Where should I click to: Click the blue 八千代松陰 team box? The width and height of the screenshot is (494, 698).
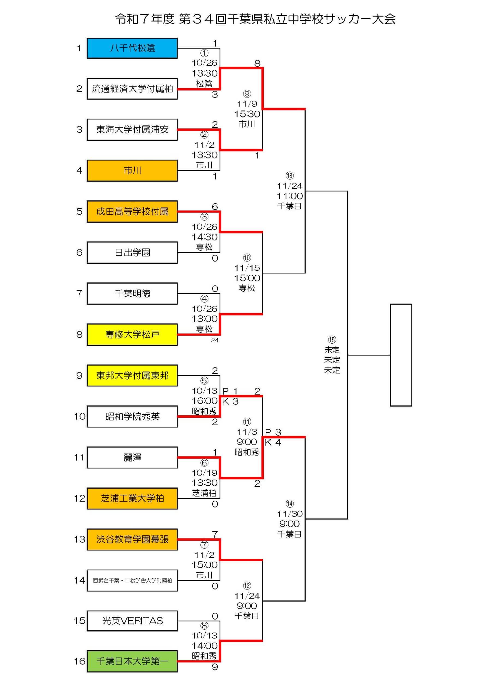pos(132,48)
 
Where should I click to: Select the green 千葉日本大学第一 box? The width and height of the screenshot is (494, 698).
pos(132,661)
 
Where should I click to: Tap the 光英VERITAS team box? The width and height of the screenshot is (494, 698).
pos(132,621)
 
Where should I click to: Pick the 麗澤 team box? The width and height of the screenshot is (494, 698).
pos(132,457)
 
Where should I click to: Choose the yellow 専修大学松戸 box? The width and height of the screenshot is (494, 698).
pos(132,334)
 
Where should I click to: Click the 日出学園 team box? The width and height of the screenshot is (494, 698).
pos(132,252)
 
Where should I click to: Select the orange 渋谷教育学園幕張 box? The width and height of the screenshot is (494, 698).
pos(132,539)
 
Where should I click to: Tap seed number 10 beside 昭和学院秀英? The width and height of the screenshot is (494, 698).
pos(79,416)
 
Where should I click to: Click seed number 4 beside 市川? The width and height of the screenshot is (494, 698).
pos(79,170)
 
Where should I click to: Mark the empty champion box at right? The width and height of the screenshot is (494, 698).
pos(401,355)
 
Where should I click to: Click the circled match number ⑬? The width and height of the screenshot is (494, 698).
pos(290,175)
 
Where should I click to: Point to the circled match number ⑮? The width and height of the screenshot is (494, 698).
pos(332,339)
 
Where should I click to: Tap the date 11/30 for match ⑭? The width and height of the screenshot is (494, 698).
pos(290,514)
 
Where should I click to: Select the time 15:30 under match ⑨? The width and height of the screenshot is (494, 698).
pos(247,114)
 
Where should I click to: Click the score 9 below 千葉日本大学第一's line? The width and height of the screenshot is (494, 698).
pos(215,667)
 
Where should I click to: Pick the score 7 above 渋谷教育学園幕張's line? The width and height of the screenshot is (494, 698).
pos(215,534)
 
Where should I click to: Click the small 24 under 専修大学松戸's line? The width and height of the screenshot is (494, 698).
pos(215,340)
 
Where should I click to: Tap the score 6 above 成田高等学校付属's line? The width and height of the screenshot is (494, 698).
pos(215,206)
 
